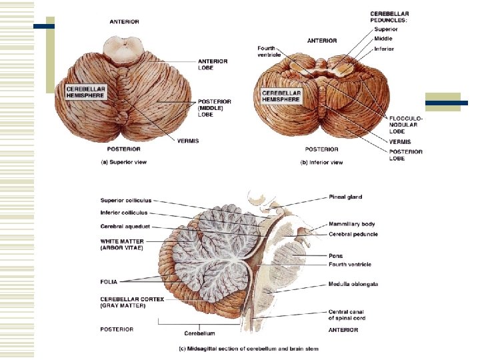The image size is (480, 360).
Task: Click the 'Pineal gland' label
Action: coord(345,197)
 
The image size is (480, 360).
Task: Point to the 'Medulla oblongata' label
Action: coord(353,284)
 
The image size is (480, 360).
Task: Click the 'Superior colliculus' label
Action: coord(126,200)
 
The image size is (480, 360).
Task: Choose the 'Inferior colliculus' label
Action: coord(124,213)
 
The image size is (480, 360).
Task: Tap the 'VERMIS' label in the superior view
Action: coord(188,141)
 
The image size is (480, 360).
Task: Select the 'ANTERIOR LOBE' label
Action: coord(213,64)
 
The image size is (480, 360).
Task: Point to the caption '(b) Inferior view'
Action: coord(321,161)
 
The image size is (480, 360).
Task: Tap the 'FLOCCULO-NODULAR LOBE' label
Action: coord(405,124)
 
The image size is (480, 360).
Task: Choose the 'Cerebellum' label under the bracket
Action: coord(199,333)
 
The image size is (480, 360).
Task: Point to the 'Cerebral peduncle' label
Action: coord(353,234)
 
